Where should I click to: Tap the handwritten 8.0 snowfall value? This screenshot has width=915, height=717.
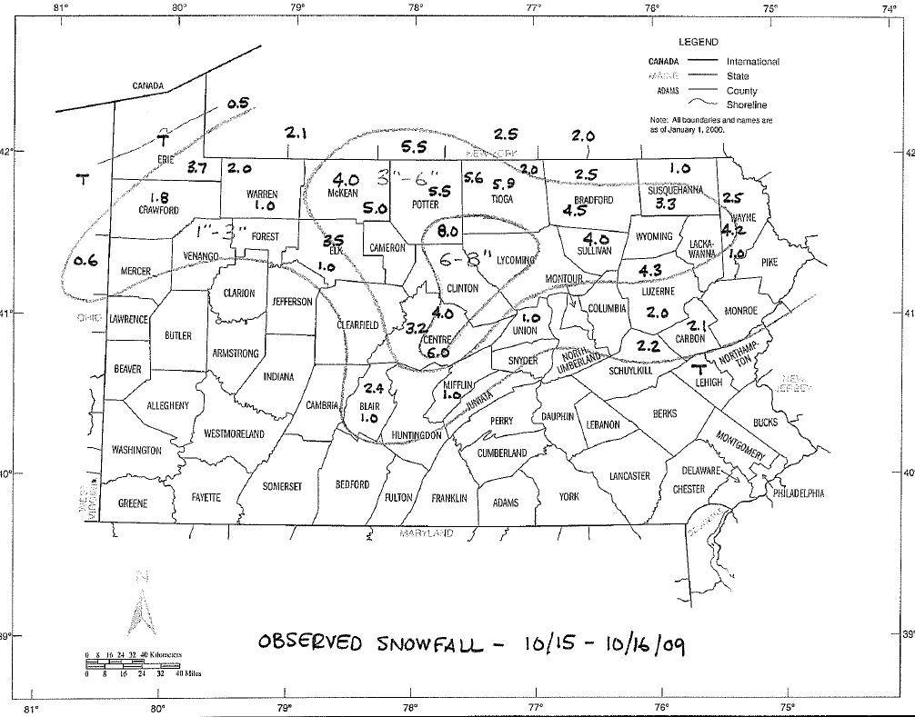coord(447,232)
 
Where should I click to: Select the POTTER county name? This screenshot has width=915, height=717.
coord(426,205)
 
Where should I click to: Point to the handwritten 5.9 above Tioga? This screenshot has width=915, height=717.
coord(504,184)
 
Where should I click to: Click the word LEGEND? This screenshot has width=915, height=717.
coord(699,42)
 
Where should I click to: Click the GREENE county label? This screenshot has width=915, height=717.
coord(133,503)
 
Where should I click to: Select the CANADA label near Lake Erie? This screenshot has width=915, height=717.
coord(148,86)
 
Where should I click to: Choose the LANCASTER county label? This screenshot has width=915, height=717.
coord(629,475)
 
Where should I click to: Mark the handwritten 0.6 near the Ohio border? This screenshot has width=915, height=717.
coord(85,262)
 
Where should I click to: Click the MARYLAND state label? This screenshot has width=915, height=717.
coord(427,533)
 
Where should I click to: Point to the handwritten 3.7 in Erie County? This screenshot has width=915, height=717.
coord(198,167)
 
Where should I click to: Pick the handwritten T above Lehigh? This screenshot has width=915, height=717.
coord(699,369)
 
